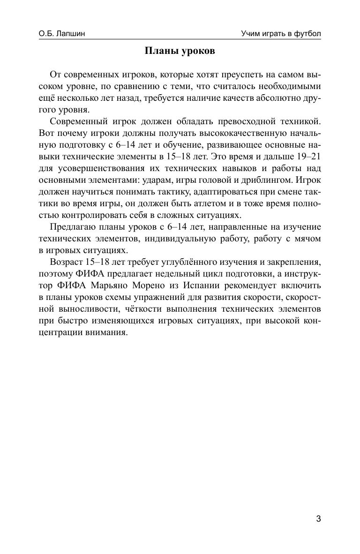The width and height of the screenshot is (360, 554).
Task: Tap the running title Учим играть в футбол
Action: tap(281, 34)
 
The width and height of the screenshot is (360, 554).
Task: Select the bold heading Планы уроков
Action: tap(180, 51)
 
